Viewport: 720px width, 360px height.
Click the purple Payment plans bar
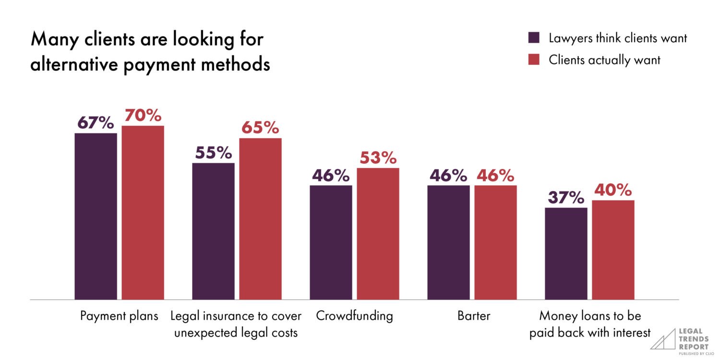click(96, 216)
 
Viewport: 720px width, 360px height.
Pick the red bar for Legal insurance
click(260, 219)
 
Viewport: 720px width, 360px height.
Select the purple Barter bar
click(448, 242)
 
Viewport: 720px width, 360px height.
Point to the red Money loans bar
click(613, 250)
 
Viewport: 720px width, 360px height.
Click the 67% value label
click(96, 123)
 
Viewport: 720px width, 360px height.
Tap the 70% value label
click(143, 115)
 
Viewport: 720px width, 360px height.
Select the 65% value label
click(260, 128)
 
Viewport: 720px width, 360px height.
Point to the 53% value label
click(378, 157)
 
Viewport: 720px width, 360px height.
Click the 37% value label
click(566, 197)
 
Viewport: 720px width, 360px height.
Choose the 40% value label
click(613, 190)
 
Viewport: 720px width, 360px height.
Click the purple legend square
click(534, 38)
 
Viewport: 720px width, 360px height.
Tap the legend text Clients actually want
click(604, 60)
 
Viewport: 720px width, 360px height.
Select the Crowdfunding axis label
click(354, 316)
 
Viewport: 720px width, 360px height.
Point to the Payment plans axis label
click(119, 316)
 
